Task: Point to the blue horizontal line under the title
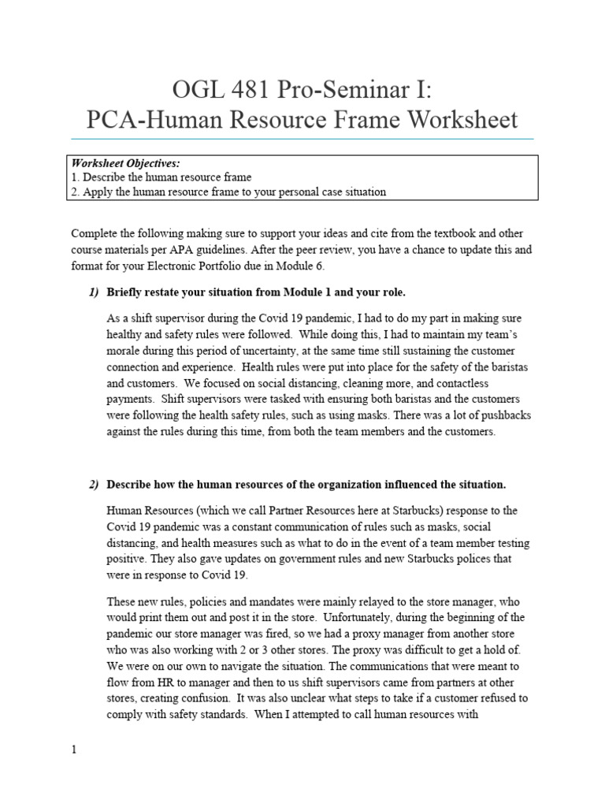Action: pyautogui.click(x=302, y=139)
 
